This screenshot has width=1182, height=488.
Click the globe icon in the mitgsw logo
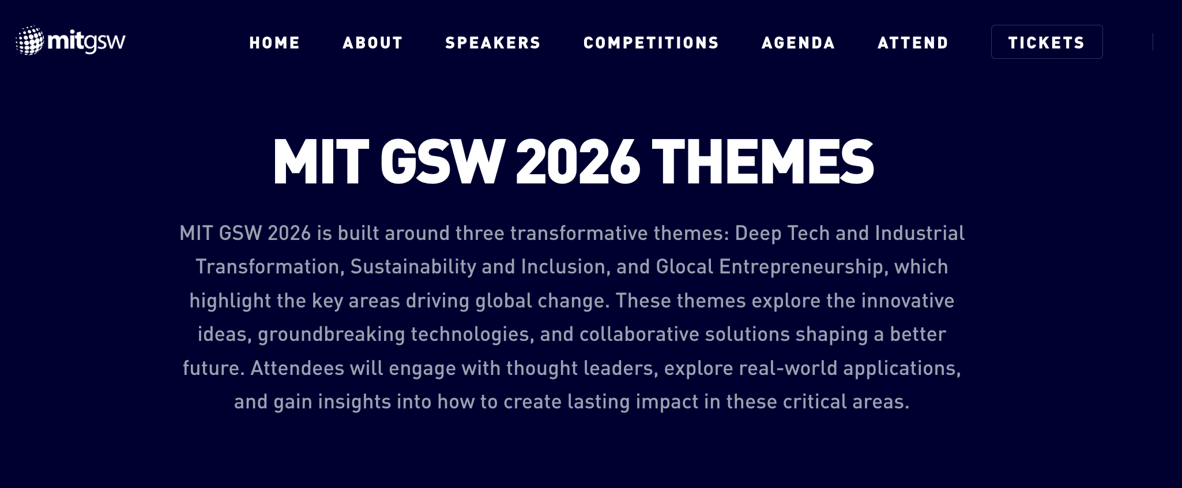pyautogui.click(x=30, y=40)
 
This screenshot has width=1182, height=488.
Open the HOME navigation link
pyautogui.click(x=274, y=43)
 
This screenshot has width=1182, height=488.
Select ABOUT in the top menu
pyautogui.click(x=372, y=43)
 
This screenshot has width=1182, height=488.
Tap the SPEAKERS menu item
pyautogui.click(x=493, y=43)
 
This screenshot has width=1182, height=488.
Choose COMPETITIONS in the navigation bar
pyautogui.click(x=652, y=43)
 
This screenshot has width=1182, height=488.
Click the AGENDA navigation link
pyautogui.click(x=799, y=43)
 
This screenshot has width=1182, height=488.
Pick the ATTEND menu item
pyautogui.click(x=913, y=43)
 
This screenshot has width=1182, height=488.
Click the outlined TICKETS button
pyautogui.click(x=1047, y=42)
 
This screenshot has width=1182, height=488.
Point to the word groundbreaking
pyautogui.click(x=332, y=335)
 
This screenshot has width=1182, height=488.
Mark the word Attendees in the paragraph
pyautogui.click(x=298, y=368)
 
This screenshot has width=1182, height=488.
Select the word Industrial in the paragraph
pyautogui.click(x=920, y=233)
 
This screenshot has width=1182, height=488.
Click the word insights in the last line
pyautogui.click(x=355, y=402)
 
